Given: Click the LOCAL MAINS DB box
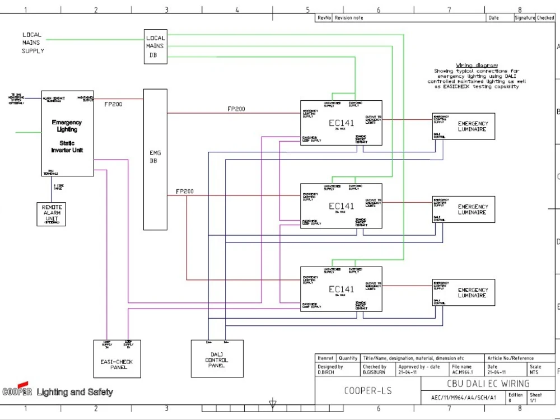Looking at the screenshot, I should [155, 46].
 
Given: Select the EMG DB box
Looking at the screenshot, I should [155, 159].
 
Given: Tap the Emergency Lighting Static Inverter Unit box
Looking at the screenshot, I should [67, 134].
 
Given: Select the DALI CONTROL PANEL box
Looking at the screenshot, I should [217, 358].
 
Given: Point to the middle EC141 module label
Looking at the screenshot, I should [341, 206].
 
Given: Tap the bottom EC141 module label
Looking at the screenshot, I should [341, 290].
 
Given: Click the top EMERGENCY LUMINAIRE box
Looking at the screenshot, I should [464, 127].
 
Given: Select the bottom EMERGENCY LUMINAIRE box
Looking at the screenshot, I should [464, 293].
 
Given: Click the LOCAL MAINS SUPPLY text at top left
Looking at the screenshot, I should [32, 43].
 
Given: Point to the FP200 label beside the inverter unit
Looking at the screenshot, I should [114, 104].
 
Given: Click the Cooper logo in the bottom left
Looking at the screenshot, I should [17, 391].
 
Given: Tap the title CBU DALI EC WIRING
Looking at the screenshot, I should [488, 384].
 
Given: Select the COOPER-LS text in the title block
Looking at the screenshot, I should [367, 391].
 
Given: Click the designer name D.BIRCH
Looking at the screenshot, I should [326, 372].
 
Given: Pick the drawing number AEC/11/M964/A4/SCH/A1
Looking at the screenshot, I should [459, 398].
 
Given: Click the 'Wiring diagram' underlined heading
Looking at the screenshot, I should [477, 66].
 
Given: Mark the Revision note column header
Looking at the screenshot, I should [349, 18].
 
